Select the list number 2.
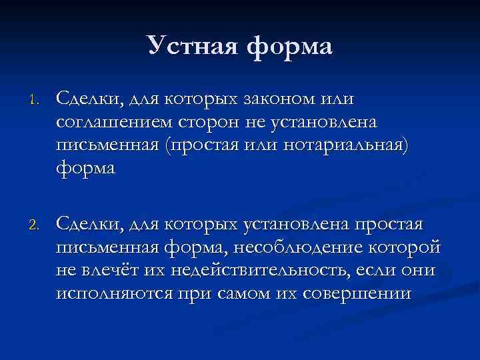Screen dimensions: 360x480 (x=35, y=223)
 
